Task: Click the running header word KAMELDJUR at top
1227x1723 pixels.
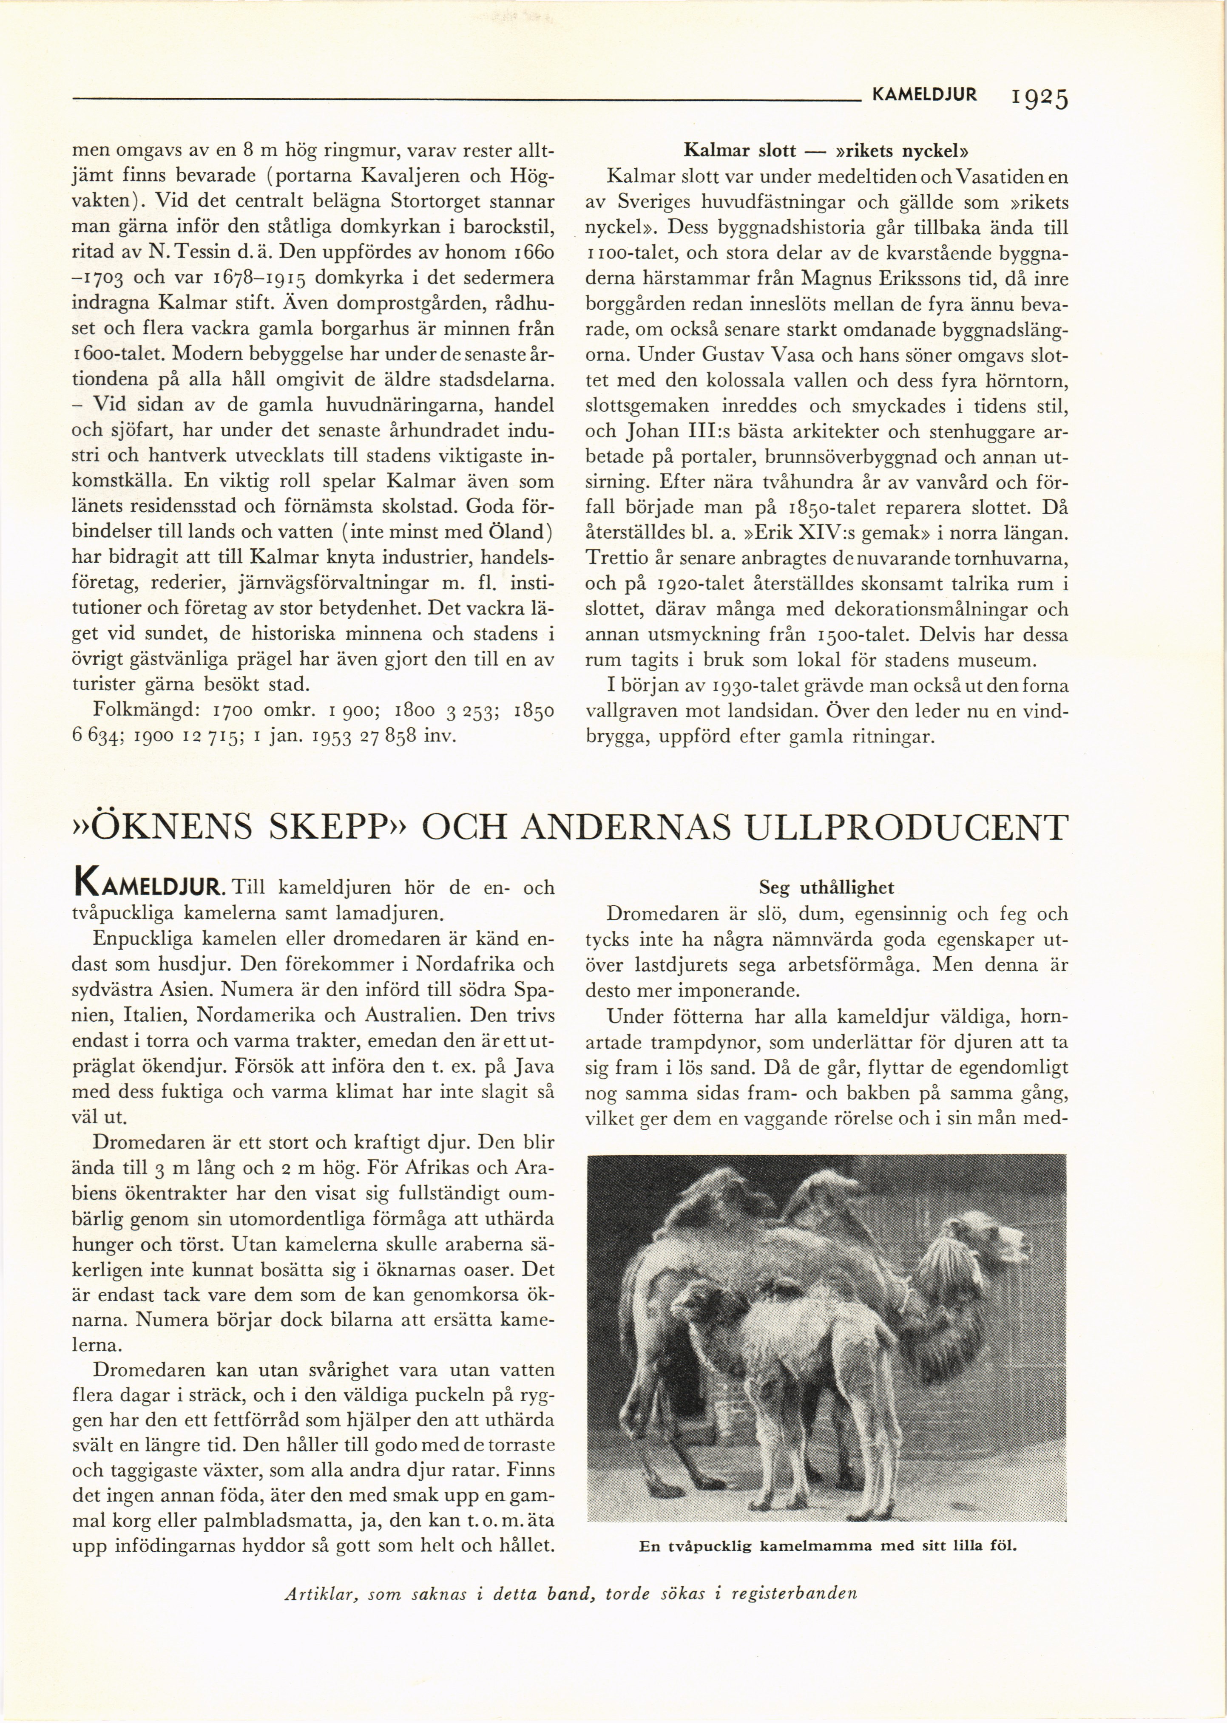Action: pos(924,94)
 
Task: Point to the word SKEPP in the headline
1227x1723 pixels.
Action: pos(337,827)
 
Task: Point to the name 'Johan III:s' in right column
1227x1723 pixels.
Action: pos(676,432)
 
